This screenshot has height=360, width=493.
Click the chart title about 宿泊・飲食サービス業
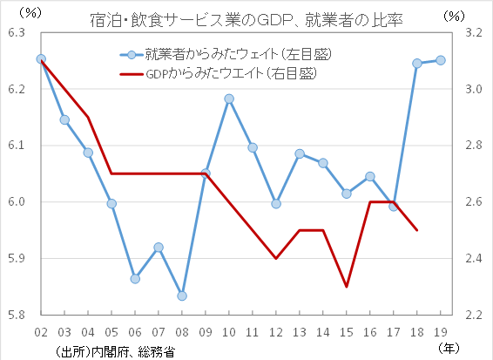pos(246,18)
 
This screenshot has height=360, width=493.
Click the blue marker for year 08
pos(181,295)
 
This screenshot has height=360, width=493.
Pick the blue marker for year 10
pos(229,99)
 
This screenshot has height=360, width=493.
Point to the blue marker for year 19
pos(441,60)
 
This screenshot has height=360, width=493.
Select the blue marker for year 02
pos(41,59)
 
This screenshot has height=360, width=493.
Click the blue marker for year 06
pos(135,279)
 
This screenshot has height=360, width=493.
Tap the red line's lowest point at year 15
pos(347,286)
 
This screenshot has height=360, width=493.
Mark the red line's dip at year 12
pos(276,258)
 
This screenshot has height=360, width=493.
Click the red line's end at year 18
pos(417,230)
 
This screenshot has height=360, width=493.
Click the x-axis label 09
pos(206,332)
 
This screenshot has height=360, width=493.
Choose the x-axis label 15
pos(347,332)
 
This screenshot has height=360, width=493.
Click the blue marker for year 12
pos(276,203)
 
